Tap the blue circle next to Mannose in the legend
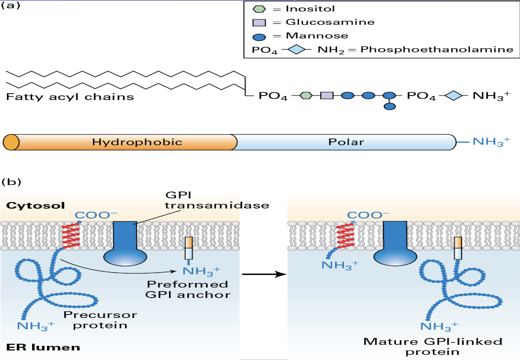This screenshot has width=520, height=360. click(x=260, y=35)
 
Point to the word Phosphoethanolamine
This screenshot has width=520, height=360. click(x=436, y=49)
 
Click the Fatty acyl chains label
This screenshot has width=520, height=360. click(x=70, y=97)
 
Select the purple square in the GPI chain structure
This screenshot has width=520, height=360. click(x=327, y=96)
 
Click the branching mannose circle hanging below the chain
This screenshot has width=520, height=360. click(x=390, y=107)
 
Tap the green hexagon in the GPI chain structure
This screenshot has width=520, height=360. click(x=306, y=96)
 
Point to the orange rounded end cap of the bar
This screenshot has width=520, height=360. click(x=11, y=142)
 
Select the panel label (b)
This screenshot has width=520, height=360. click(x=12, y=182)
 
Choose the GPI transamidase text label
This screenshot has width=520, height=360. click(x=217, y=200)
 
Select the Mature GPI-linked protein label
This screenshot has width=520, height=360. click(x=433, y=347)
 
